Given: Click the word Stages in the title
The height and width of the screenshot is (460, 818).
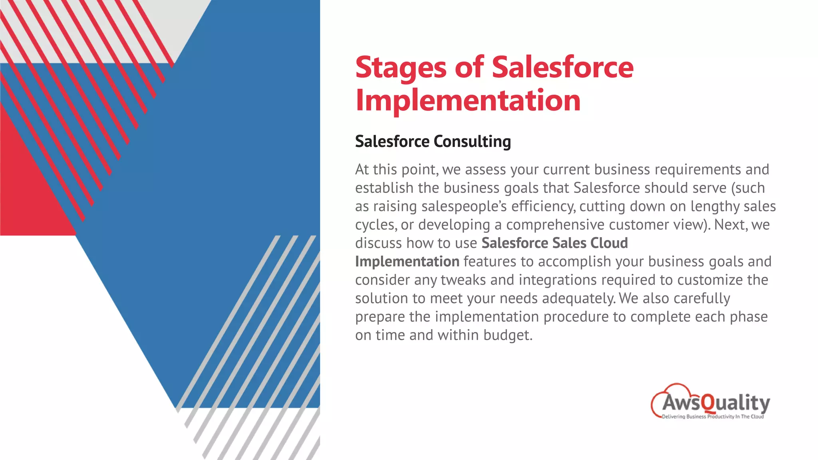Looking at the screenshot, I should point(401,68).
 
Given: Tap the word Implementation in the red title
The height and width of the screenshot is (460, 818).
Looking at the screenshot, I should point(468,101).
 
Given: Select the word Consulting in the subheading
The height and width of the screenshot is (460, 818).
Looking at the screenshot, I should point(472,141).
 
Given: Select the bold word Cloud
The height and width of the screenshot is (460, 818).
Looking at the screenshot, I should point(609,243).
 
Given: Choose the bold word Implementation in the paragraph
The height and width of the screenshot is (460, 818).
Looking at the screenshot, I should point(407,262).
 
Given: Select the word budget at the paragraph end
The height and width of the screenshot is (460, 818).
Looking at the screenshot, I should point(508,335).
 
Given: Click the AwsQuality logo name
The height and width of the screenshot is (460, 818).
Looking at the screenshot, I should point(716,402).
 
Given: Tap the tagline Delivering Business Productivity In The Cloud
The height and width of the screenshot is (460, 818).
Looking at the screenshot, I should point(713,416).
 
